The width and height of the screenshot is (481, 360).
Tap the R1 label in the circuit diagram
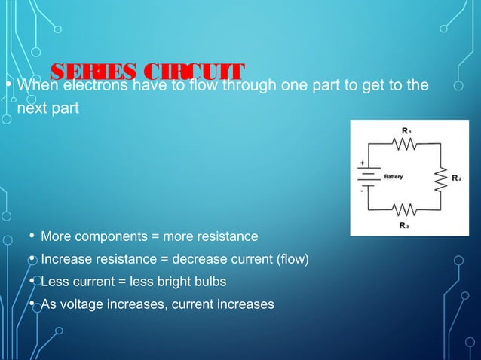[406, 131]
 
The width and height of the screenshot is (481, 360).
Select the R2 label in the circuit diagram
[456, 178]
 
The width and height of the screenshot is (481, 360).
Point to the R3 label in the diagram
[404, 224]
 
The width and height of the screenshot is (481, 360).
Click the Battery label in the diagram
[394, 178]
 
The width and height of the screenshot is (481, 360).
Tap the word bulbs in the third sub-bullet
[209, 282]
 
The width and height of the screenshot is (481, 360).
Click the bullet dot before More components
[31, 237]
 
